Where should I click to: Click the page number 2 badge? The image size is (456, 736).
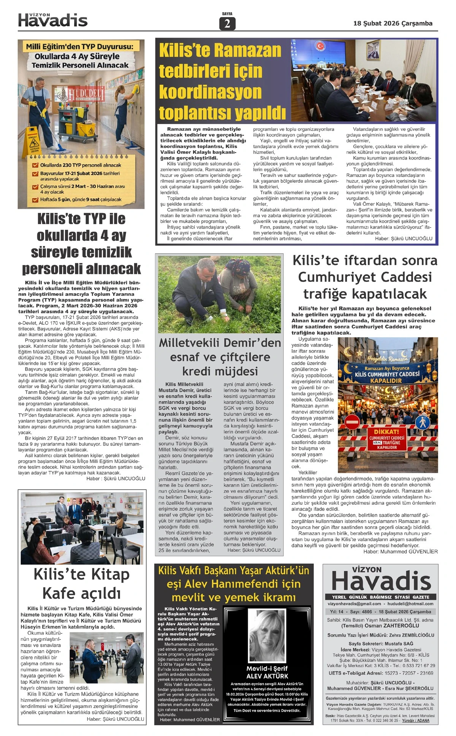(x=227, y=24)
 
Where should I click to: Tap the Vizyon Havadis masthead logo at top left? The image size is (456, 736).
(x=53, y=20)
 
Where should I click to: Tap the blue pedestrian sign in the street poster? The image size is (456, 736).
(x=422, y=422)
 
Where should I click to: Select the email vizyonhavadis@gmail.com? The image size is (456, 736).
(x=354, y=604)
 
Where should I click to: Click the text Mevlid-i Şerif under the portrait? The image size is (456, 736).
(x=267, y=668)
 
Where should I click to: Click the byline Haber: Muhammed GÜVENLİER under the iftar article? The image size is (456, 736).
(x=400, y=551)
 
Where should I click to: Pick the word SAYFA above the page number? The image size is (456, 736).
(x=227, y=14)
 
